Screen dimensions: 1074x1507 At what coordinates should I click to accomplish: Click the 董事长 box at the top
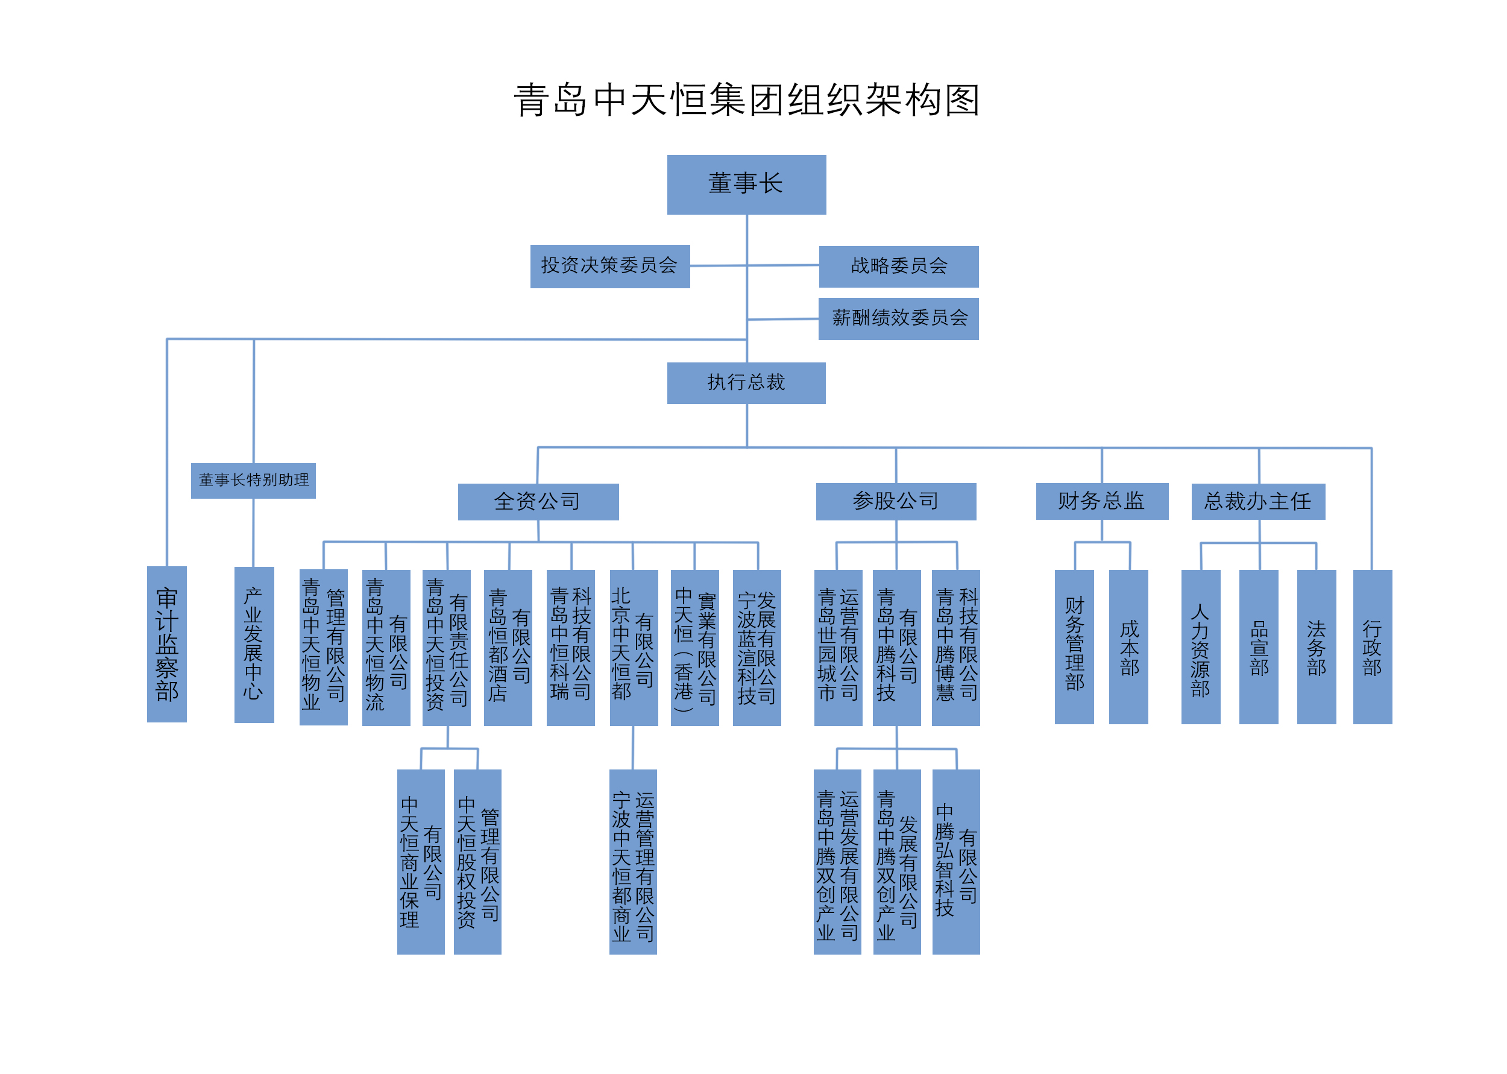[746, 185]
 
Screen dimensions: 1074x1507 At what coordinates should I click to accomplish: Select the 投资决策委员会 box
[609, 266]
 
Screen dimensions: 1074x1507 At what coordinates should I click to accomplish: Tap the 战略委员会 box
[898, 267]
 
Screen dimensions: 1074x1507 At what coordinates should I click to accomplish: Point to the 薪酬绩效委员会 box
[898, 319]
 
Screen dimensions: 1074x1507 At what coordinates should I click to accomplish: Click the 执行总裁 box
[746, 383]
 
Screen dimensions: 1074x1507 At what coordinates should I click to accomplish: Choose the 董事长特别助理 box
[253, 480]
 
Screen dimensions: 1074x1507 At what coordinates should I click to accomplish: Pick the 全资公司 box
[538, 502]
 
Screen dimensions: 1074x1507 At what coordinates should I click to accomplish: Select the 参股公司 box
[896, 501]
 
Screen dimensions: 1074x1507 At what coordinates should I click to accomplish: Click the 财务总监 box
[1102, 501]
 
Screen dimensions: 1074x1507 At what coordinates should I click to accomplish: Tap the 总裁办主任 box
[1258, 501]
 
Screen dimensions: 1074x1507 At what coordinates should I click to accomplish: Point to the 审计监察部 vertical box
[166, 644]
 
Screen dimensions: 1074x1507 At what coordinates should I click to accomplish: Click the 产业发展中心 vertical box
[254, 644]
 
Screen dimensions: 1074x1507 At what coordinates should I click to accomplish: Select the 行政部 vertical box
[1372, 647]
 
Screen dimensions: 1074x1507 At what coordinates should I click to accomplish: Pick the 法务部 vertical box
[1316, 647]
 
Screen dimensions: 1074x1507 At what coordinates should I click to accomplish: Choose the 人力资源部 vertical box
[1200, 647]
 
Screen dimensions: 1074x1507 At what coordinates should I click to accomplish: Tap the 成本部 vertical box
[1128, 647]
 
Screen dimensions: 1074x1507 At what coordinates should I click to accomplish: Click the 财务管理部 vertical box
[1074, 647]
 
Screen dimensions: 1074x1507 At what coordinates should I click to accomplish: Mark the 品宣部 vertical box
[1259, 647]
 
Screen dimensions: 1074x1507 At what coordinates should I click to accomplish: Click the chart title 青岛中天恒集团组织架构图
[747, 101]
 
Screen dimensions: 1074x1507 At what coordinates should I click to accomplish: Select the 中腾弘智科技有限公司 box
[956, 861]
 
